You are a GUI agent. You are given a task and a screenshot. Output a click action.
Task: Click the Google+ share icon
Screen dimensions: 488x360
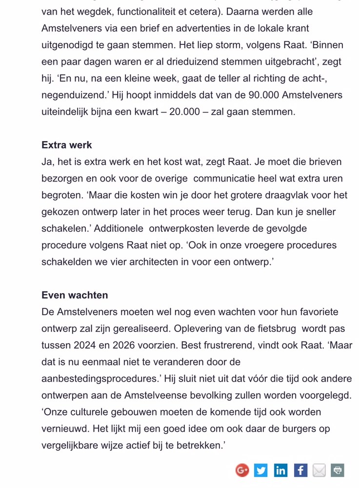click(242, 470)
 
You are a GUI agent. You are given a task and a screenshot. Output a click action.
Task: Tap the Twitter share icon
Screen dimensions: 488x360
click(261, 470)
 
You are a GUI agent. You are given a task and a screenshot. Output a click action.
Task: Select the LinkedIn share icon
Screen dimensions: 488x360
click(280, 470)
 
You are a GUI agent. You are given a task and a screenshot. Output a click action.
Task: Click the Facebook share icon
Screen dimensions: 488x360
click(300, 470)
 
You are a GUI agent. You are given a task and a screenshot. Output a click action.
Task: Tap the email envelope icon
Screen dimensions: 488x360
click(319, 470)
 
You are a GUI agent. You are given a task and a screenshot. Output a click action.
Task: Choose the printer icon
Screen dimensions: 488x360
click(338, 470)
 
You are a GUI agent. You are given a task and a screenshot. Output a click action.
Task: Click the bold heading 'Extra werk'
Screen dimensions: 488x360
click(67, 145)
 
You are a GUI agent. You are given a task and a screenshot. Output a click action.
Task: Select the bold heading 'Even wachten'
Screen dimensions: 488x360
click(75, 295)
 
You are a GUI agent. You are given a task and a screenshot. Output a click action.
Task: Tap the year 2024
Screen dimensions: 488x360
click(85, 345)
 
